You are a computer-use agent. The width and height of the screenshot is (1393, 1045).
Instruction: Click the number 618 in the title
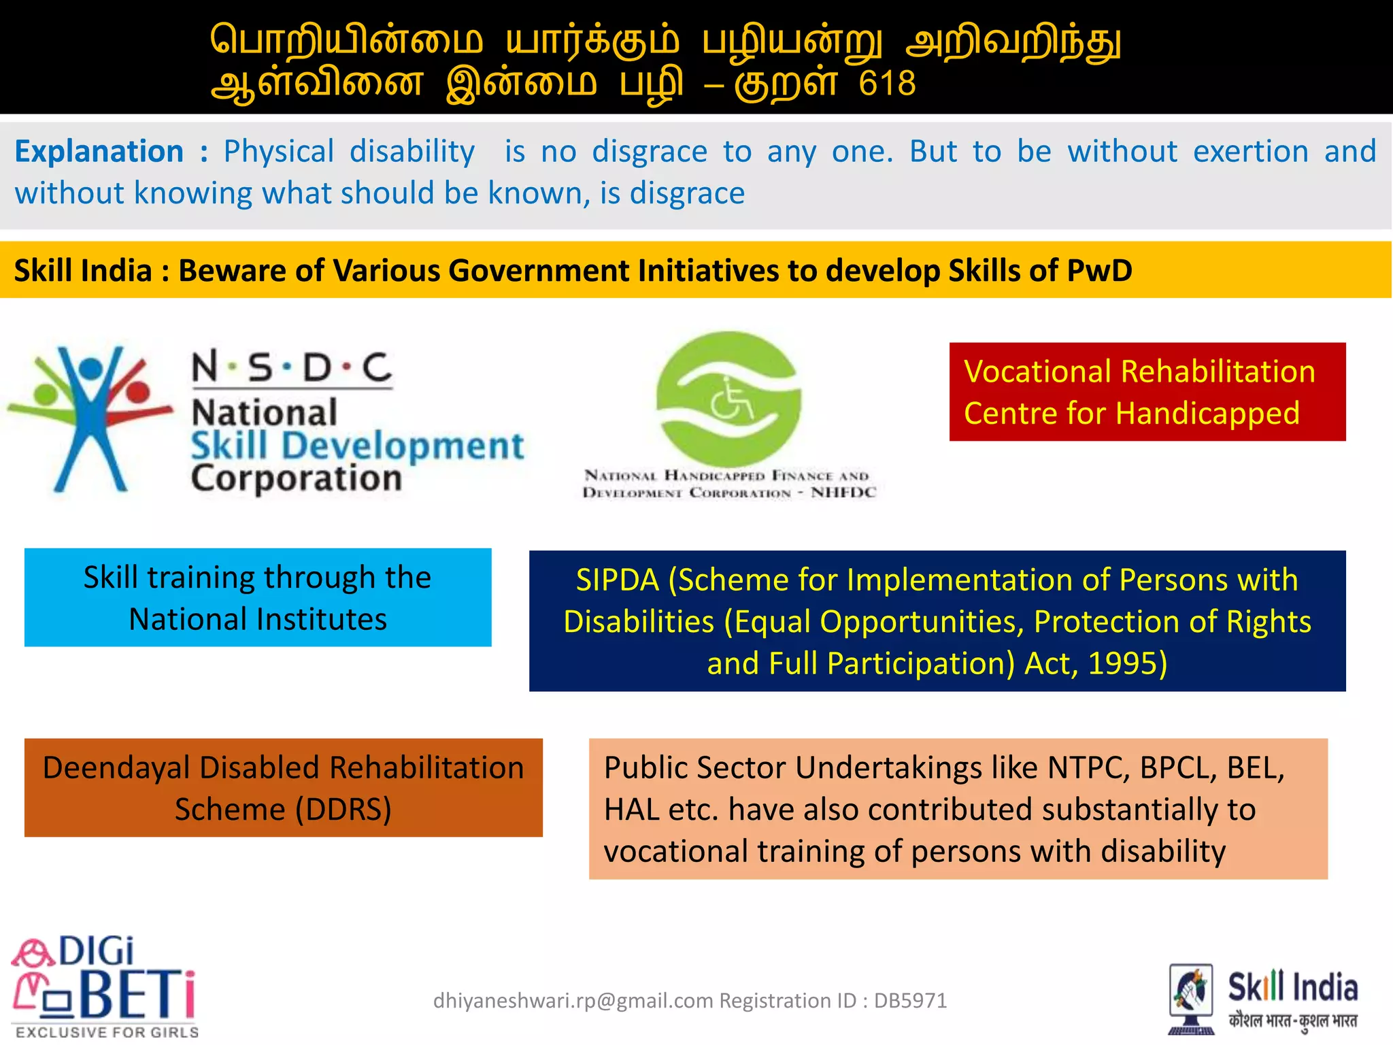click(x=887, y=84)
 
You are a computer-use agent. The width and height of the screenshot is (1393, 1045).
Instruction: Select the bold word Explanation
click(x=99, y=151)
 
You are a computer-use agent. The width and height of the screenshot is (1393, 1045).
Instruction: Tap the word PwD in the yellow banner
click(x=1099, y=270)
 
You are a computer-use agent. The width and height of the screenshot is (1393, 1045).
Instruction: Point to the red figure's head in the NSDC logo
click(x=138, y=391)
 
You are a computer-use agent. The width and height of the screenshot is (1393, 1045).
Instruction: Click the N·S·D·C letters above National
click(x=292, y=368)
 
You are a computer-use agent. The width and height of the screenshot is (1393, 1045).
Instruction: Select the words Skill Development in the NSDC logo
click(x=357, y=446)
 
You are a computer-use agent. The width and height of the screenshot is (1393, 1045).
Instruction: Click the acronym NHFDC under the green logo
click(x=843, y=492)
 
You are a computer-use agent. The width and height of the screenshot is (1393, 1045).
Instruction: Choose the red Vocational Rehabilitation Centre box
click(x=1147, y=392)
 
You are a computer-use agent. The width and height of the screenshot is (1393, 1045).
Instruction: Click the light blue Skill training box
click(x=258, y=597)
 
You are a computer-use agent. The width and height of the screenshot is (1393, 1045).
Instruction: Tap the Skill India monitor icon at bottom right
click(x=1190, y=997)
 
